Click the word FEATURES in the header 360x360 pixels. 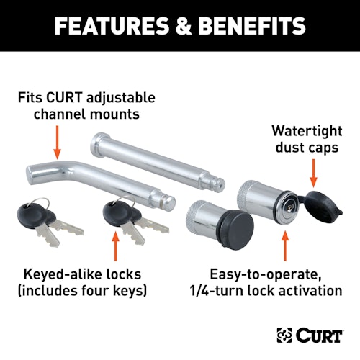112,26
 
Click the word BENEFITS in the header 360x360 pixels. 251,26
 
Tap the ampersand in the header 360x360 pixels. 183,26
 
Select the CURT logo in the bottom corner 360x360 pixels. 310,335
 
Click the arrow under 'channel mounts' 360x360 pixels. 57,143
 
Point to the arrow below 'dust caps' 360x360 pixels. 313,174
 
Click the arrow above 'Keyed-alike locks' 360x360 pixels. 116,246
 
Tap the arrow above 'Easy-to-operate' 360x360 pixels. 285,246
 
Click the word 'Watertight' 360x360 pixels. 307,131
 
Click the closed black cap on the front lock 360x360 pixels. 237,229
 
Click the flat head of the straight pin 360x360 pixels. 95,141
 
